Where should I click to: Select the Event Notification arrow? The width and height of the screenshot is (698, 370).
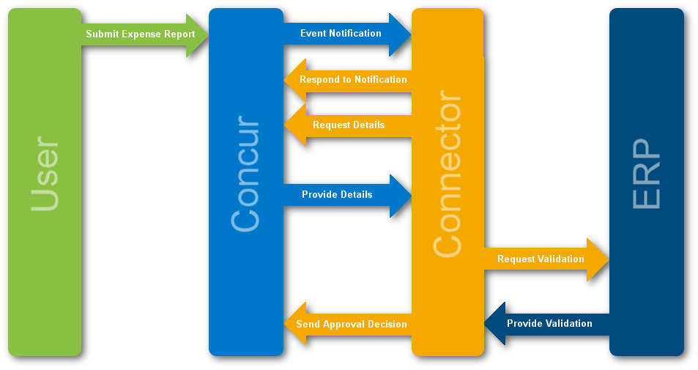click(341, 34)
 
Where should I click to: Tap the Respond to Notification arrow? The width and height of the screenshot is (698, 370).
click(352, 80)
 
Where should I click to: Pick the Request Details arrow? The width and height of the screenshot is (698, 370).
click(348, 125)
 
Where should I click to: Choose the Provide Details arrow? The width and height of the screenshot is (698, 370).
click(338, 195)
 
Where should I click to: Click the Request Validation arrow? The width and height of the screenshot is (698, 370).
click(541, 259)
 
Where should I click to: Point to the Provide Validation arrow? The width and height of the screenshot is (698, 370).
click(549, 323)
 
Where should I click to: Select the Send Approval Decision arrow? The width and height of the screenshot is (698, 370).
click(351, 324)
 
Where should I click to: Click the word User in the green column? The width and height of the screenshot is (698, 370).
click(45, 174)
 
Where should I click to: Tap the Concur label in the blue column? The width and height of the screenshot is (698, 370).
click(245, 174)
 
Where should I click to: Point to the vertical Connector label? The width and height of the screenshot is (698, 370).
click(448, 176)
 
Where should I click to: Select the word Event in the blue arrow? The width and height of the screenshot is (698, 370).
click(312, 34)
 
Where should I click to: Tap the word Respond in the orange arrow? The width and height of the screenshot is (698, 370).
click(316, 80)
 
